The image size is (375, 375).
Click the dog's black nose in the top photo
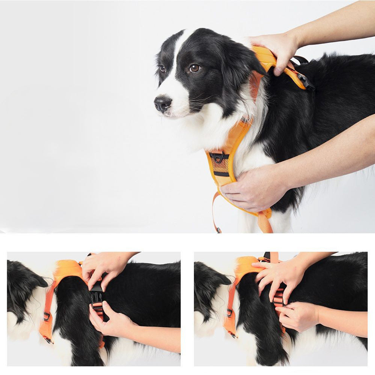point(163,103)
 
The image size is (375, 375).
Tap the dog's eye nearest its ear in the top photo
point(194,68)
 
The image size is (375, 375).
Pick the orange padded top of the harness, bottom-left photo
point(67,269)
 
